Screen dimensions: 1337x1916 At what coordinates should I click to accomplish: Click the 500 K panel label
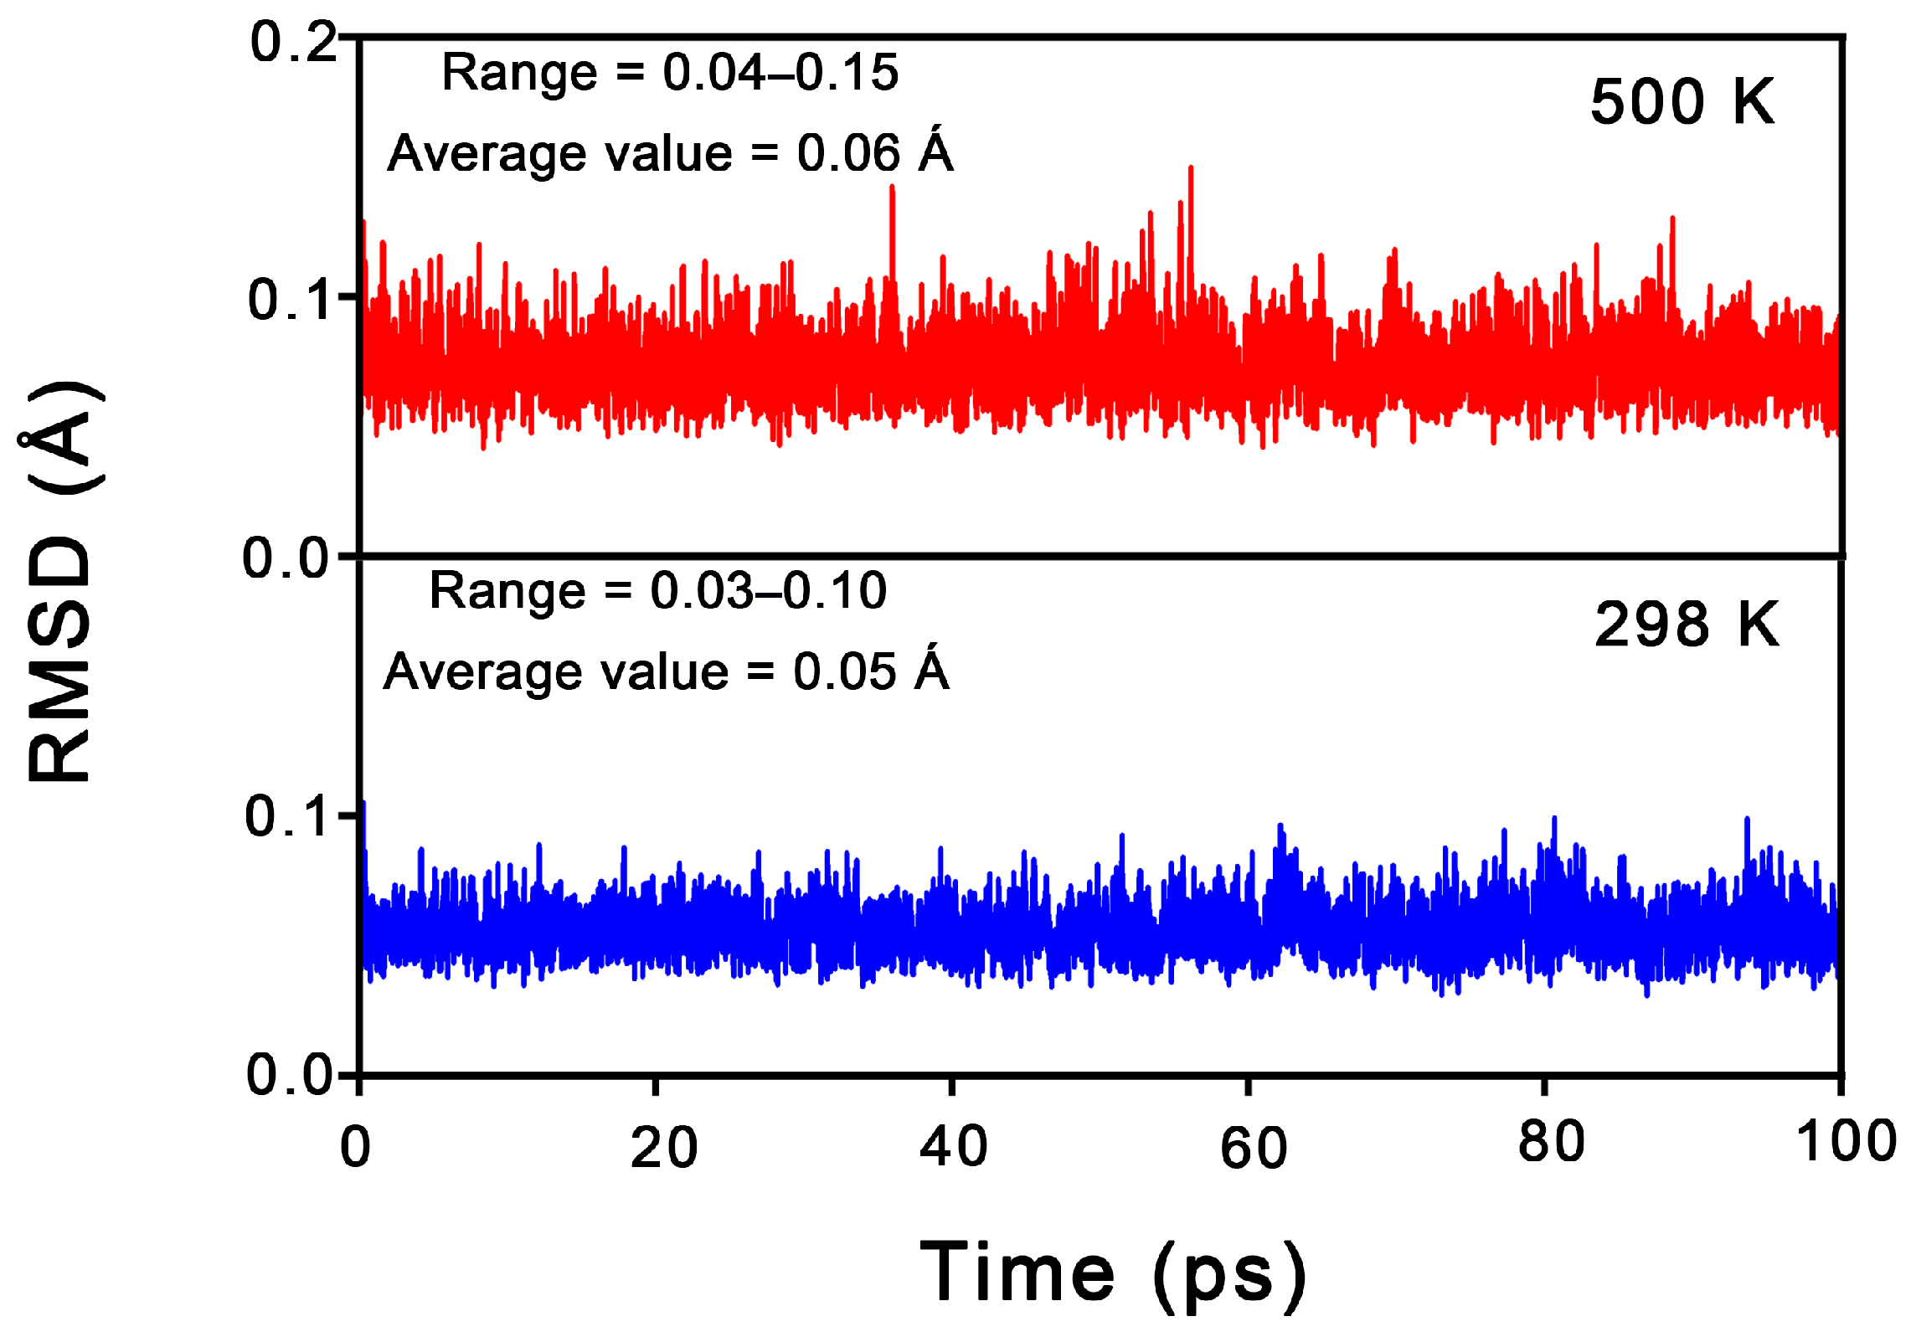1682,102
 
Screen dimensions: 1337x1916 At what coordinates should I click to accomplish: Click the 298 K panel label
1686,625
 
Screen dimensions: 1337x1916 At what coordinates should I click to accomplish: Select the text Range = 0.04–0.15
669,72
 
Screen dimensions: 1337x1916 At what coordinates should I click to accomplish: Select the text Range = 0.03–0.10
657,591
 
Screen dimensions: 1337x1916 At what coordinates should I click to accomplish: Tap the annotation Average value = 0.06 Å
670,153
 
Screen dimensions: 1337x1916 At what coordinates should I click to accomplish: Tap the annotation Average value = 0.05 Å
667,671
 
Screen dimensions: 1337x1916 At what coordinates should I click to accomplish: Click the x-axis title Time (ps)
1113,1272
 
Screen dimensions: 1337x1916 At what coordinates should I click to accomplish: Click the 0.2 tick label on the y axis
292,42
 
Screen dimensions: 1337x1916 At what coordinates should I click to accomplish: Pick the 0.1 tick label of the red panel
290,300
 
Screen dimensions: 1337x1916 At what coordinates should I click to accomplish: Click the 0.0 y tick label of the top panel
286,558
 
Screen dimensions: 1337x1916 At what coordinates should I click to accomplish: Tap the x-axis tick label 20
663,1148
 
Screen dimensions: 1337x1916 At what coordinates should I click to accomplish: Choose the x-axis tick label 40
953,1147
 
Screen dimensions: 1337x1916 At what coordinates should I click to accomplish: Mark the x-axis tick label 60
1253,1148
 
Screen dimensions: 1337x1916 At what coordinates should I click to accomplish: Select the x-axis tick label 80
1551,1142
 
